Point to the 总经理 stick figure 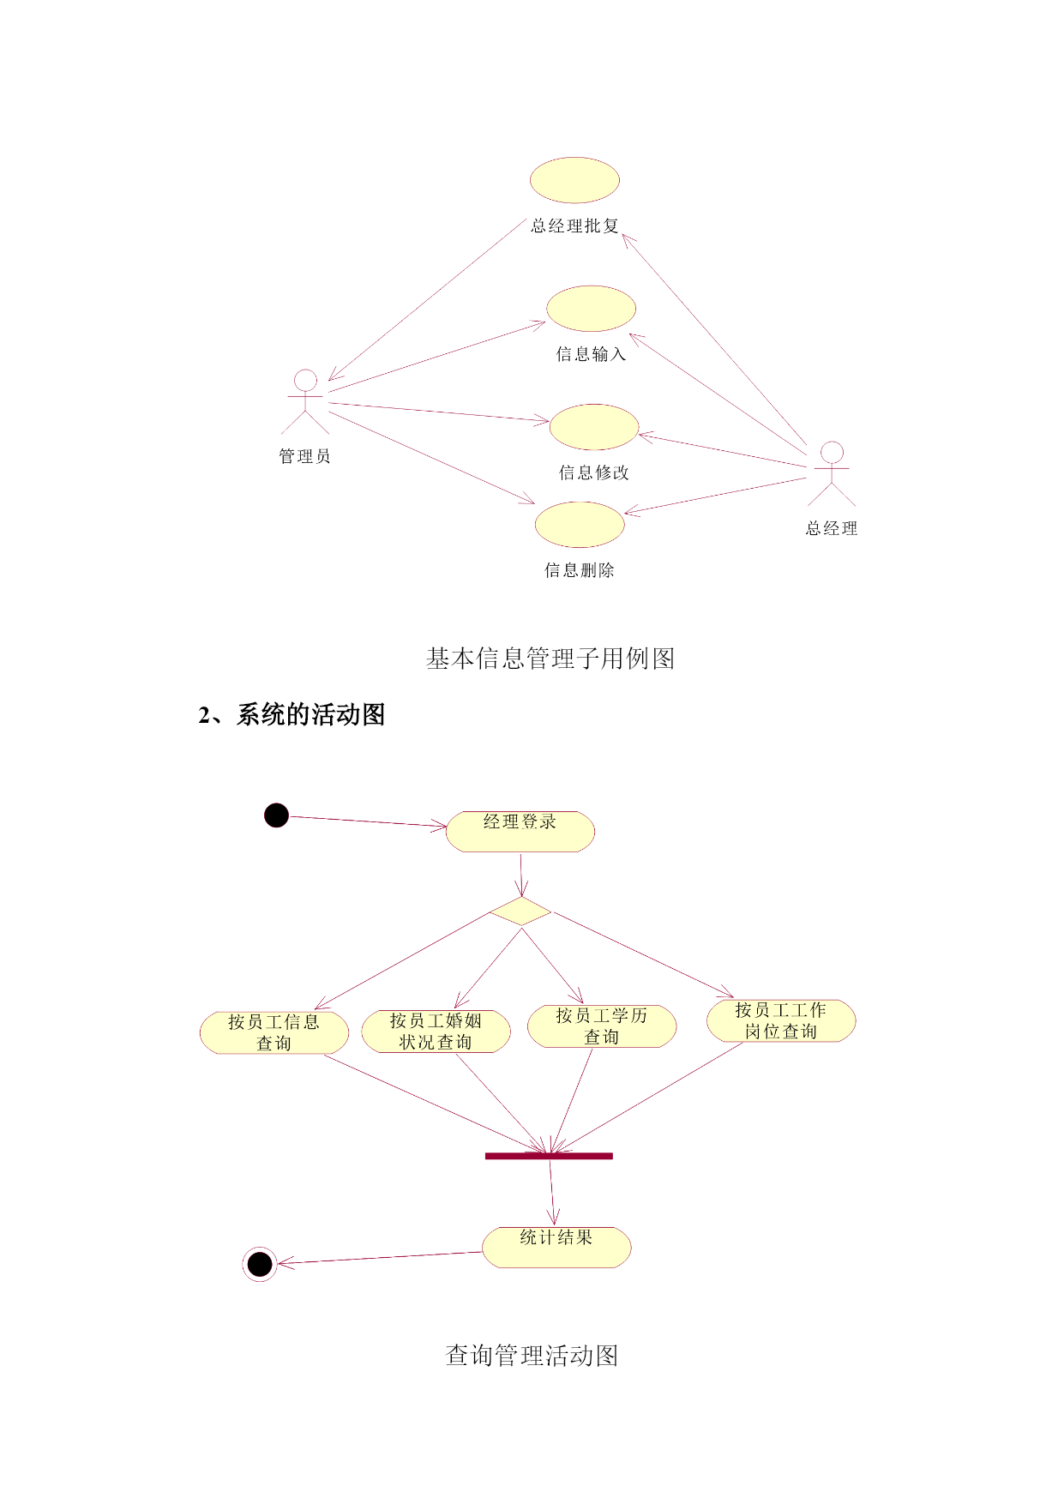pyautogui.click(x=832, y=473)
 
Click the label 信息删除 pyautogui.click(x=580, y=570)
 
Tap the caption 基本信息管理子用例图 pyautogui.click(x=550, y=659)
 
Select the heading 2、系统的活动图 pyautogui.click(x=292, y=714)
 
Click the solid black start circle pyautogui.click(x=276, y=815)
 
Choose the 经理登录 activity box pyautogui.click(x=520, y=832)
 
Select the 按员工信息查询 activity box pyautogui.click(x=274, y=1032)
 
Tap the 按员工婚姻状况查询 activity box pyautogui.click(x=436, y=1031)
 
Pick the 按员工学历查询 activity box pyautogui.click(x=602, y=1026)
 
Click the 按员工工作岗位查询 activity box pyautogui.click(x=781, y=1020)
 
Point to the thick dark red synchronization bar pyautogui.click(x=549, y=1156)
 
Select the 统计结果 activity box pyautogui.click(x=556, y=1248)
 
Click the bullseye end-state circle pyautogui.click(x=260, y=1264)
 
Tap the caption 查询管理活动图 pyautogui.click(x=532, y=1356)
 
